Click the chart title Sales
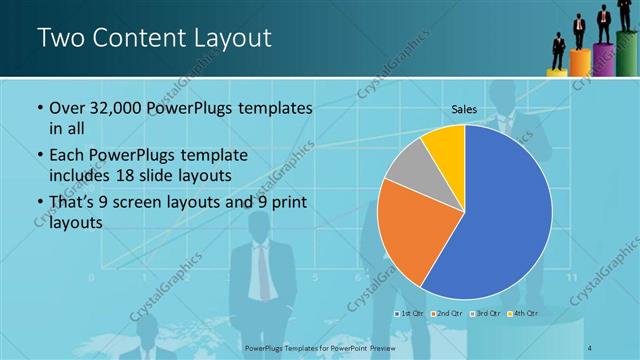pyautogui.click(x=464, y=108)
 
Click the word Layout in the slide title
pyautogui.click(x=227, y=39)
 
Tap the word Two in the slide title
pyautogui.click(x=59, y=39)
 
